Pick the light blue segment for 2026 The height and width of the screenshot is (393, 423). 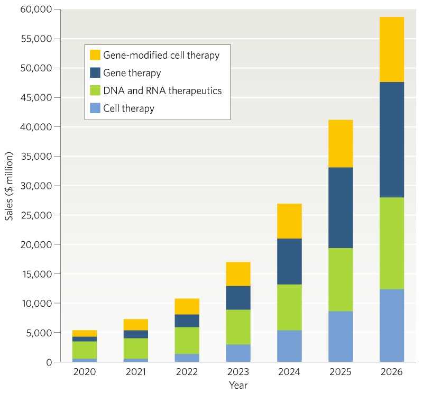click(x=391, y=325)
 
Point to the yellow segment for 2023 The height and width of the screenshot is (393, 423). click(x=237, y=274)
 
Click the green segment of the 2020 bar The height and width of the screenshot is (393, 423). click(x=84, y=350)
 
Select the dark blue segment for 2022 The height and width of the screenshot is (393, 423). click(x=186, y=321)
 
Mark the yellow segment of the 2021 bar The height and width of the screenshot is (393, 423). click(x=135, y=324)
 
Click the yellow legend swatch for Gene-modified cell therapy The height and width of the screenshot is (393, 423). click(x=95, y=55)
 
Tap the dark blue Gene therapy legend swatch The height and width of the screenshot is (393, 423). click(x=95, y=73)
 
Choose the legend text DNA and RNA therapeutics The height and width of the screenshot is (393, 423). click(x=162, y=91)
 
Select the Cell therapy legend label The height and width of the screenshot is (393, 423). click(x=128, y=109)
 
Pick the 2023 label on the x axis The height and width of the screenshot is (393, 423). click(x=237, y=372)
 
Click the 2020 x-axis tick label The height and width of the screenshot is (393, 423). click(x=84, y=372)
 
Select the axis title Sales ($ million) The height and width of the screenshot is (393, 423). click(x=10, y=186)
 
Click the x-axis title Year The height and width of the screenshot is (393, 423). click(x=237, y=386)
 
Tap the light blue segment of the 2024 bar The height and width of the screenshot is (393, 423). click(x=289, y=346)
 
